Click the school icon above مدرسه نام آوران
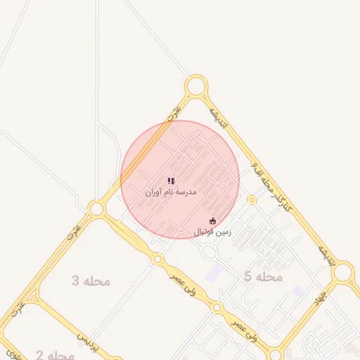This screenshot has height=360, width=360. click(171, 181)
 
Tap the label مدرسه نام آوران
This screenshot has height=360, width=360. click(171, 191)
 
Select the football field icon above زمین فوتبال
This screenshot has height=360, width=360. click(213, 221)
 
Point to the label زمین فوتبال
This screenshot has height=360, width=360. click(213, 231)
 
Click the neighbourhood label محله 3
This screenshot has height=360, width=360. click(91, 281)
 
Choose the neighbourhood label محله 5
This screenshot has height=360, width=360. click(263, 277)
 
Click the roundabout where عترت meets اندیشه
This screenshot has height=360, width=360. click(196, 86)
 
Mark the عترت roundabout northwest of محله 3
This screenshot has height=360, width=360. click(97, 209)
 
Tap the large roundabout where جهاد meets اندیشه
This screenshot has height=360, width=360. click(343, 272)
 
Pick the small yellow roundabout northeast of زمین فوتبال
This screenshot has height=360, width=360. click(252, 200)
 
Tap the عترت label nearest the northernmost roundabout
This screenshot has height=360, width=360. click(174, 112)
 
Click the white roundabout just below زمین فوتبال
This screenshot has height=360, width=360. click(209, 251)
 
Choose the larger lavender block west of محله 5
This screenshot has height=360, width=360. click(216, 273)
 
